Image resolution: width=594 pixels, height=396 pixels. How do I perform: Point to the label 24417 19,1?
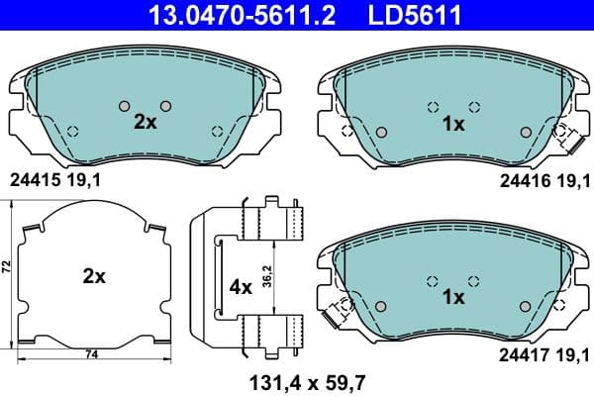click(x=541, y=350)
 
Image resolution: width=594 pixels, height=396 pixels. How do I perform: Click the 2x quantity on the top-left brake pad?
click(x=146, y=122)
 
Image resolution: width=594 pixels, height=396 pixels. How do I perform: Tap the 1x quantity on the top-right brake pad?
click(x=453, y=125)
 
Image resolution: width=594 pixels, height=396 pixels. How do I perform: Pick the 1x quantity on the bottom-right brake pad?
click(x=453, y=296)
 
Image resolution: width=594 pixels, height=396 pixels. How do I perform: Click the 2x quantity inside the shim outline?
click(x=94, y=277)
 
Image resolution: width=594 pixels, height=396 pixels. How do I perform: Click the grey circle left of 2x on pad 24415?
click(x=124, y=106)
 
